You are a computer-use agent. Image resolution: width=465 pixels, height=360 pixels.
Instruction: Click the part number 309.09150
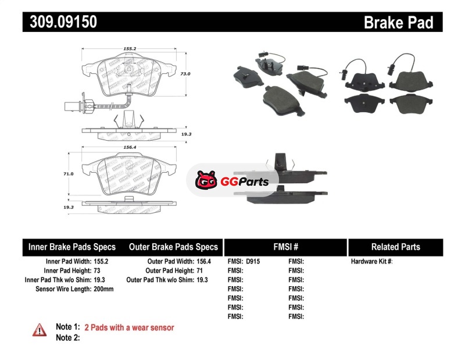point(63,22)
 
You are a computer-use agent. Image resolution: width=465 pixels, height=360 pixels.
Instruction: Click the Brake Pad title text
point(398,22)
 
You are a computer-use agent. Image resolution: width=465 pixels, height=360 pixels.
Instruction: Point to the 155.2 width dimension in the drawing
point(129,48)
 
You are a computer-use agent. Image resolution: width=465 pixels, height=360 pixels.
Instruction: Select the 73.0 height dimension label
point(185,74)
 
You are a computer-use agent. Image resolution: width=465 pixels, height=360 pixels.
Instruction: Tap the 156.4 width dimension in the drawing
point(129,147)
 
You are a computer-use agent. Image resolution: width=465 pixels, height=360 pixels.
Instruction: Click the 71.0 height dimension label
point(68,174)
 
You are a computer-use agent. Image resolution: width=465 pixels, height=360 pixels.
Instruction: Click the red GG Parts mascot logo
point(206,180)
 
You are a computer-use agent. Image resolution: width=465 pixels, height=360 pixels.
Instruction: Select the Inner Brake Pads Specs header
point(71,247)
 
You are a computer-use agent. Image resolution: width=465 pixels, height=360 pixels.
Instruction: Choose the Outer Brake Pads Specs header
point(173,247)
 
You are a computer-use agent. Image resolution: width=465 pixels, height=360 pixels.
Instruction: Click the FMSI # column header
point(285,247)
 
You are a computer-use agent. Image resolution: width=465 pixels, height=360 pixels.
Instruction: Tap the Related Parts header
point(396,247)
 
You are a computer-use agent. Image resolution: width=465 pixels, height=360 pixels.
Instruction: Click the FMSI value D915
point(253,262)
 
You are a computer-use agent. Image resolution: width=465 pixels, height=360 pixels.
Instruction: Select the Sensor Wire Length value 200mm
point(103,289)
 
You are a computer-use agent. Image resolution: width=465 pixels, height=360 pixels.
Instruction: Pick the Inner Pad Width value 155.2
point(101,262)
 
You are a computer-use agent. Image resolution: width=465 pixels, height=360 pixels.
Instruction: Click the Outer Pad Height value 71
point(199,270)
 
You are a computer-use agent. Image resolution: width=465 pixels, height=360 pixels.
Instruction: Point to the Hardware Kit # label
point(371,262)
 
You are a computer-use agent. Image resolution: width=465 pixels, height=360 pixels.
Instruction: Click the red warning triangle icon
point(40,330)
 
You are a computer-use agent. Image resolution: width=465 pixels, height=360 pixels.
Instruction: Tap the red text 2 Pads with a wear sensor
point(129,327)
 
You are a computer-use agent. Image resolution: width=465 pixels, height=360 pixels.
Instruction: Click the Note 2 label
point(68,338)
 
